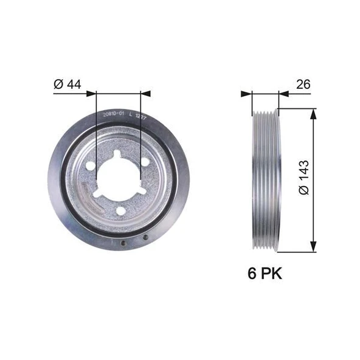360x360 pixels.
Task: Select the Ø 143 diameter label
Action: [x=304, y=178]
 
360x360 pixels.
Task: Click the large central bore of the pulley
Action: [x=119, y=178]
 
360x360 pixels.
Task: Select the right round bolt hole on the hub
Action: [x=146, y=162]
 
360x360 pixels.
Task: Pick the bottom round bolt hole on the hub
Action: [x=120, y=210]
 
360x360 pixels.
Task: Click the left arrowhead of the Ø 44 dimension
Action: [x=92, y=93]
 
